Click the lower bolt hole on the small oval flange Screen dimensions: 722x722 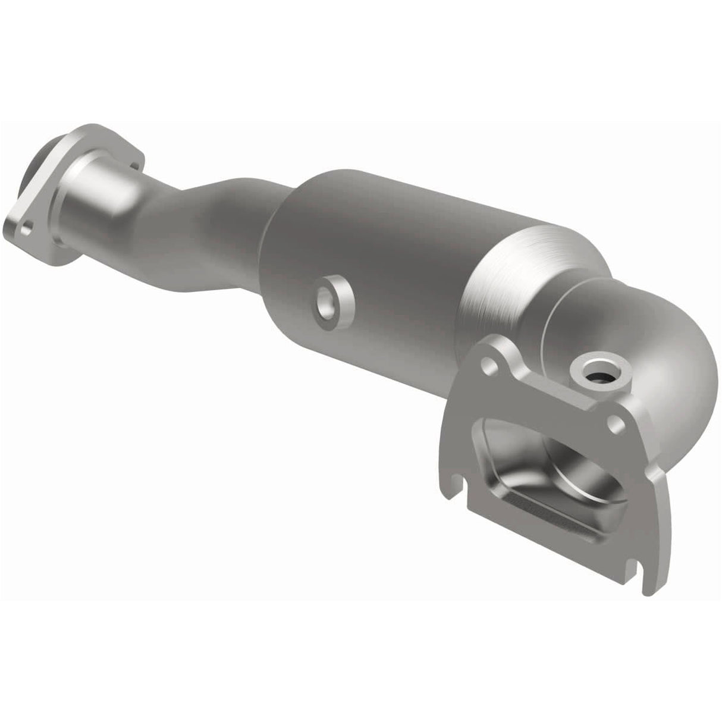click(x=26, y=227)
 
